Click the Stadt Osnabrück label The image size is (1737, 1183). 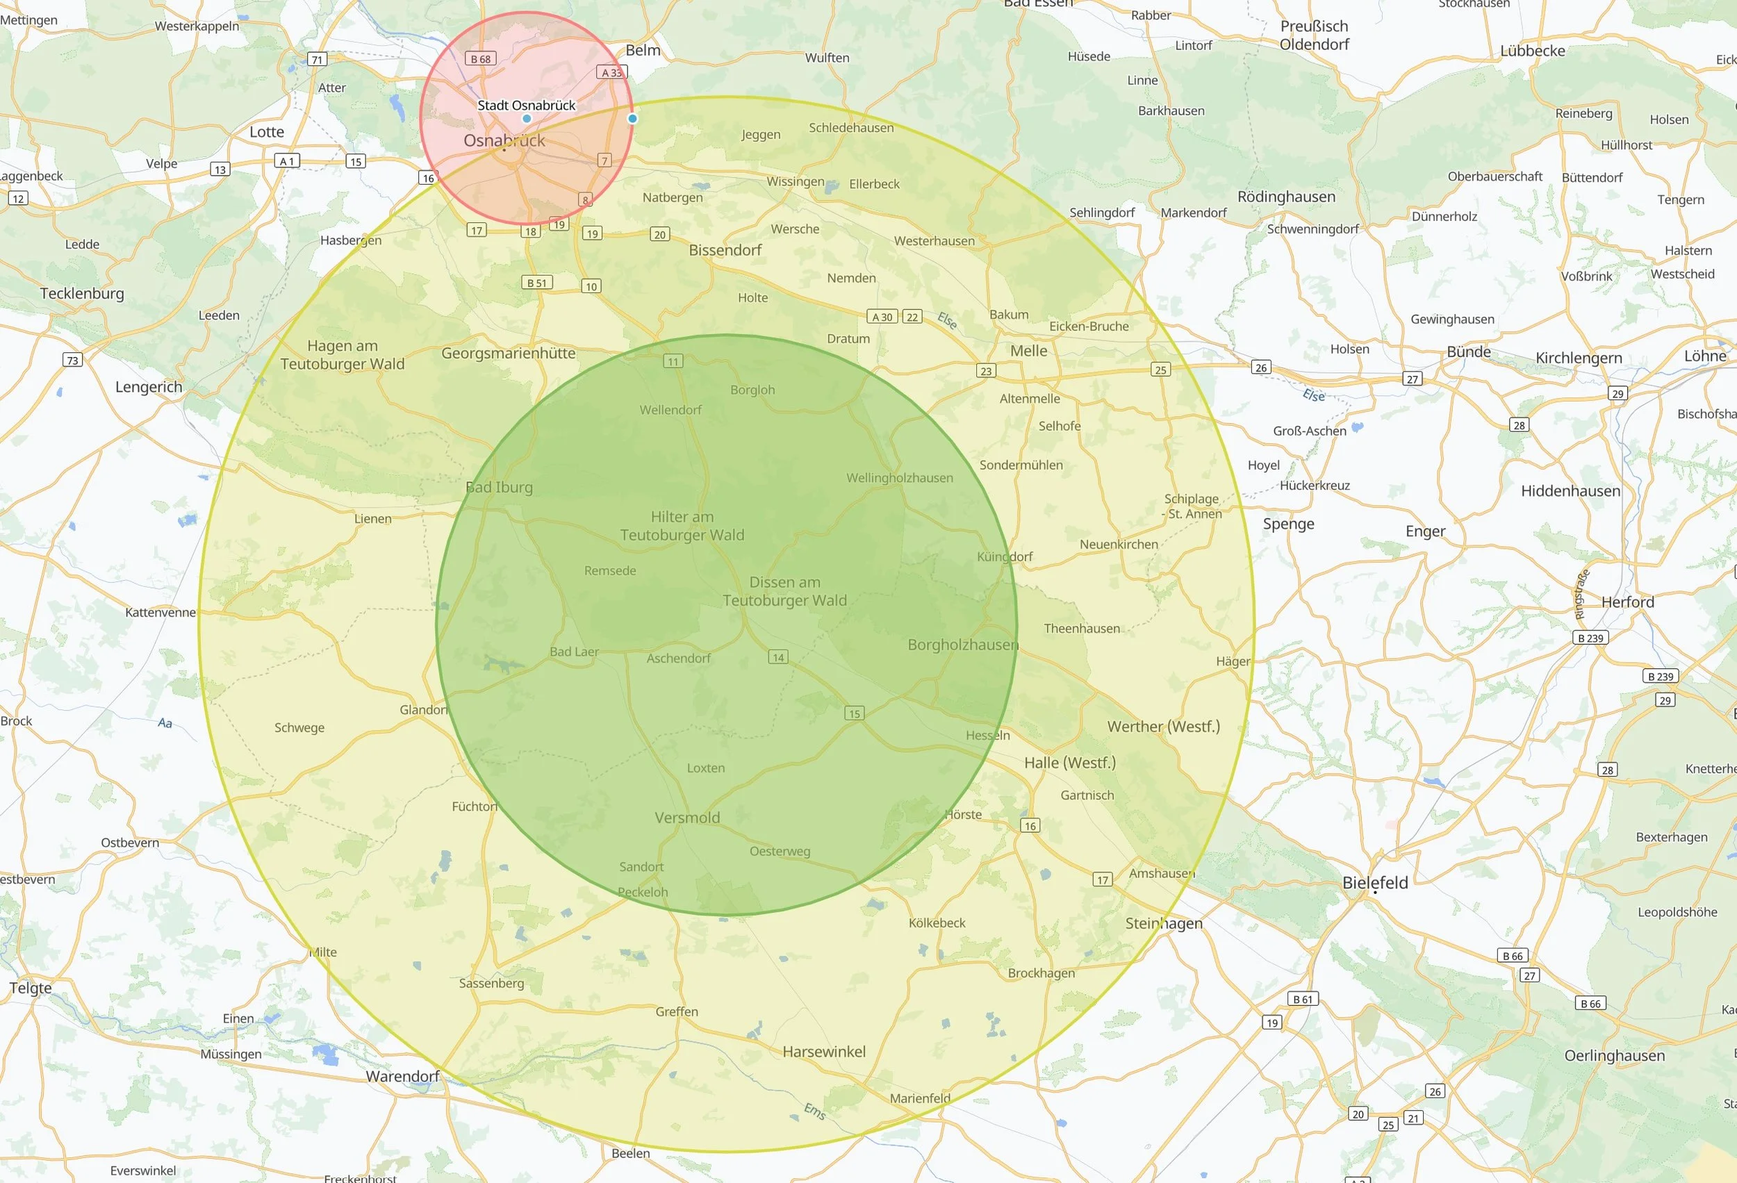coord(526,106)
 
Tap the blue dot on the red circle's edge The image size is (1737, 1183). coord(632,118)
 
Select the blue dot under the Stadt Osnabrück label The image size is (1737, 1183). coord(527,119)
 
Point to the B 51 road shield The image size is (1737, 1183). coord(536,283)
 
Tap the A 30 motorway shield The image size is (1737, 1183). coord(882,317)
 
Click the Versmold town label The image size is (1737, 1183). coord(687,818)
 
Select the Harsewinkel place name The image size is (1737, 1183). coord(823,1052)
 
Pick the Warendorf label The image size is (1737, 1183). coord(402,1076)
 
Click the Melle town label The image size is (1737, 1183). coord(1028,351)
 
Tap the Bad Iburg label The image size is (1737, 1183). coord(499,487)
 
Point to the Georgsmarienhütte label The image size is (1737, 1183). coord(508,353)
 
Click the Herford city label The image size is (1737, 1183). coord(1627,602)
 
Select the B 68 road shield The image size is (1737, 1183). coord(481,58)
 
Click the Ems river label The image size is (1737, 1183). coord(814,1111)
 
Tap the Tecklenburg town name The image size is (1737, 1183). coord(82,293)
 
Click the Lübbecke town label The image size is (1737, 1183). coord(1532,51)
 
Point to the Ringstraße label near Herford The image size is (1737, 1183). coord(1581,594)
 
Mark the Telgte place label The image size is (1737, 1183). coord(31,987)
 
